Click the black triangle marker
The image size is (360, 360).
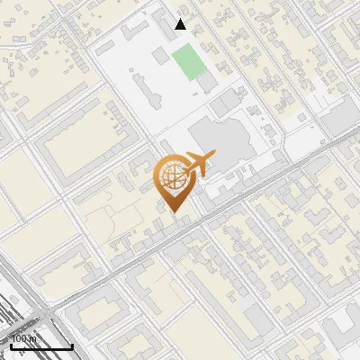(x=181, y=24)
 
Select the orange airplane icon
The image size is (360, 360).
(x=196, y=165)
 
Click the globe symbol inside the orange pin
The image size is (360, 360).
(x=171, y=177)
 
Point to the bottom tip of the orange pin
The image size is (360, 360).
(x=172, y=212)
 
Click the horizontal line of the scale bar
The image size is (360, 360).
(x=40, y=346)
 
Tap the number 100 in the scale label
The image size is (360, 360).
(x=17, y=338)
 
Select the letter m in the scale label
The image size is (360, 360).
(x=32, y=338)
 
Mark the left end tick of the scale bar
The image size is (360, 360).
(x=10, y=344)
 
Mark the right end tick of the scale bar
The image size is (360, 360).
(x=72, y=344)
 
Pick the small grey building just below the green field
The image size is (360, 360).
(x=207, y=83)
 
